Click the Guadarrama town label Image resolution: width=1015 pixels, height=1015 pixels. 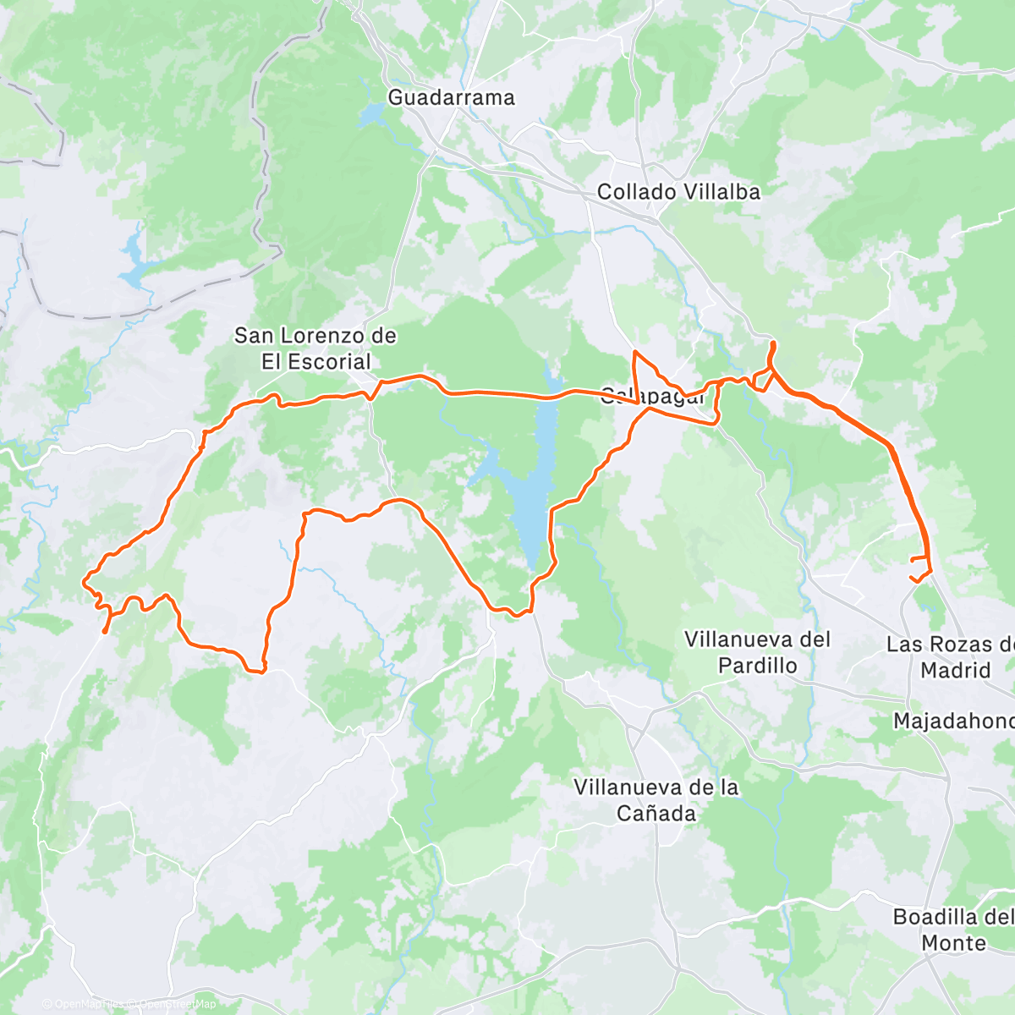451,97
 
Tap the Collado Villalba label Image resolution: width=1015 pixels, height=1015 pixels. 678,192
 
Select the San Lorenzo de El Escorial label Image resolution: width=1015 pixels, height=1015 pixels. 315,348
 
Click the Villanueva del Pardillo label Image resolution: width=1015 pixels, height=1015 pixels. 757,652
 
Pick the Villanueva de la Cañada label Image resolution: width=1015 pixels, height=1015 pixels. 656,800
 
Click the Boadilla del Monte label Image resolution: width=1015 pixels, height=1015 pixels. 952,930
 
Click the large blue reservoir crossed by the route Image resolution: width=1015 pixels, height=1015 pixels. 534,507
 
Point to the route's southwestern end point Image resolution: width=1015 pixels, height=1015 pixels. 104,631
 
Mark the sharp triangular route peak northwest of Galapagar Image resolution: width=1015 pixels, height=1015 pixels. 635,351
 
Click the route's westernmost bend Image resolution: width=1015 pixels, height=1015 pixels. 83,581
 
